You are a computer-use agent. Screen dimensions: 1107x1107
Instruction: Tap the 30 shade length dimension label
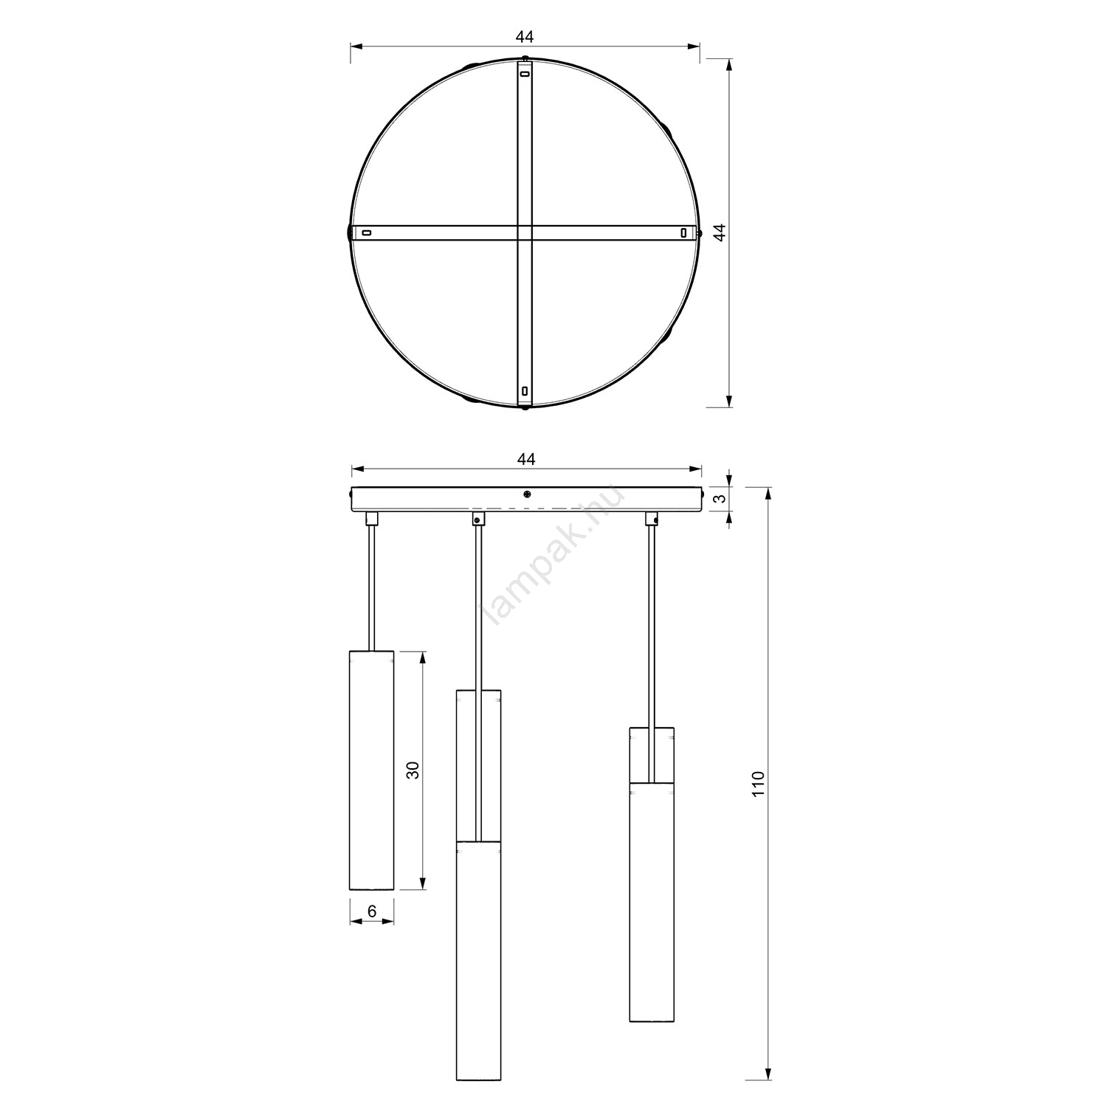(413, 770)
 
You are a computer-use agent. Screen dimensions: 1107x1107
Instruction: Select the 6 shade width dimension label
(372, 911)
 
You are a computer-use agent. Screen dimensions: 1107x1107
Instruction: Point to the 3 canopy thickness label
(722, 498)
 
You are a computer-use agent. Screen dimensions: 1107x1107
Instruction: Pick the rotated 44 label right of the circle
(721, 232)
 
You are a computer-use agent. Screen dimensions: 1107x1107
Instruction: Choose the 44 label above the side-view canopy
(525, 459)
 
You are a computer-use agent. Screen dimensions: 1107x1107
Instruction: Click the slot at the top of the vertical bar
(525, 74)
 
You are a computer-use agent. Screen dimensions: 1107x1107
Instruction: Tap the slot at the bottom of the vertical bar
(524, 390)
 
